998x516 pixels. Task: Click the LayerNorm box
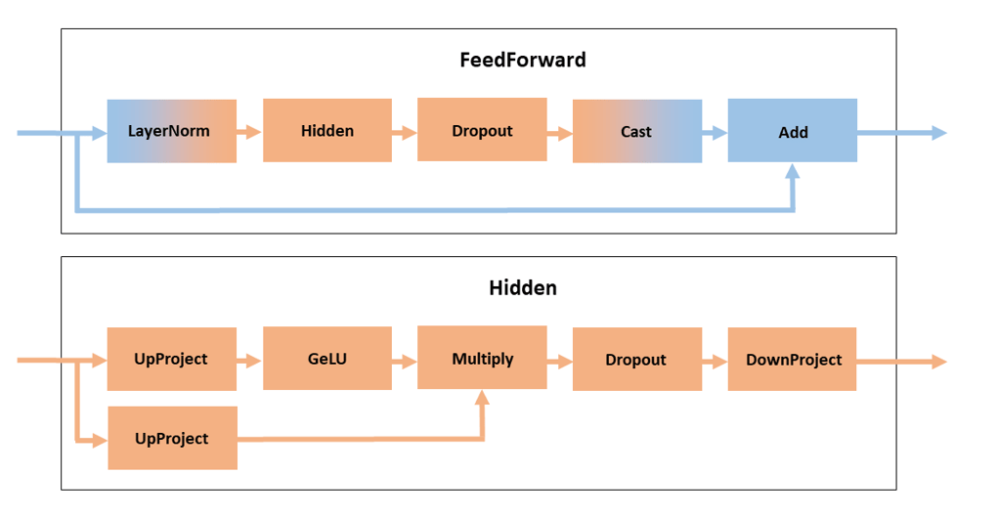171,131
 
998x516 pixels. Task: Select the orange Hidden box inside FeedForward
327,130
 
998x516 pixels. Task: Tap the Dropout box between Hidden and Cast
482,130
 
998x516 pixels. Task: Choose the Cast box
636,131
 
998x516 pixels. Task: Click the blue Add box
792,131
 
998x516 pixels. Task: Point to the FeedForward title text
523,60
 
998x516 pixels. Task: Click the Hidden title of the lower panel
523,288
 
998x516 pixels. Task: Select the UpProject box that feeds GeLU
171,359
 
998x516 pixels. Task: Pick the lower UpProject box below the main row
171,438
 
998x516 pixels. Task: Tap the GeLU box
327,359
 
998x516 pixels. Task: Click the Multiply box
482,359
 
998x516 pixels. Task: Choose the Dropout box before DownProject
636,360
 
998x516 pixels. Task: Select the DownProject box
792,360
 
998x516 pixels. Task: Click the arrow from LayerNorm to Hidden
249,131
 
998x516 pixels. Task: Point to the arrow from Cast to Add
715,132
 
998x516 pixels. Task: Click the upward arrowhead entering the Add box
792,171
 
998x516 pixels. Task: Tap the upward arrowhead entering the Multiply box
482,398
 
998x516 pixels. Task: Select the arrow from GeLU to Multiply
405,360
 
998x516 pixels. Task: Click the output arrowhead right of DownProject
938,362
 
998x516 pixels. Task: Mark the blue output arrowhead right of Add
938,133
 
